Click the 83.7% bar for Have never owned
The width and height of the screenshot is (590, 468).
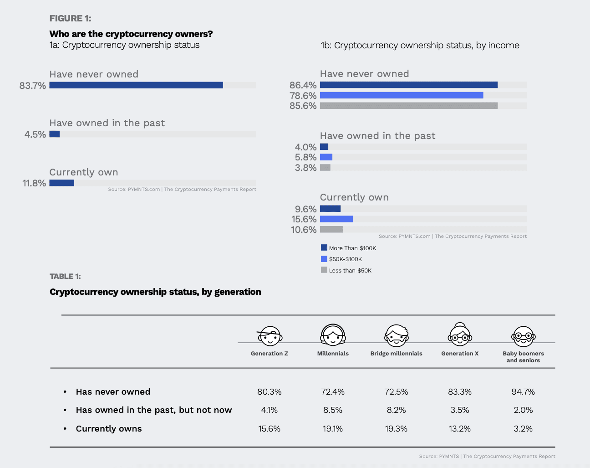136,85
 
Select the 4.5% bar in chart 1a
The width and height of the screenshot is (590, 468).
55,134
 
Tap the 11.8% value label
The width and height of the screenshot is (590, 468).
34,183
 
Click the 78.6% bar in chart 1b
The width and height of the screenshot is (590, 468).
402,95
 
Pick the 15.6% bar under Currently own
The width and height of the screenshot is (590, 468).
336,219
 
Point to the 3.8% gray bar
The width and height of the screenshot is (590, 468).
325,168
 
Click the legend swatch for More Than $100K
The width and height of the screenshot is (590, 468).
324,248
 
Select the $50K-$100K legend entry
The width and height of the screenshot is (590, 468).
346,259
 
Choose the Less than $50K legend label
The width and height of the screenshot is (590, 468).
350,271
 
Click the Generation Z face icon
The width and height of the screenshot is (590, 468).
270,336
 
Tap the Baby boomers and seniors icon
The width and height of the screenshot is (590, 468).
523,337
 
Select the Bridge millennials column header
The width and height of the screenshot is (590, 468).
396,354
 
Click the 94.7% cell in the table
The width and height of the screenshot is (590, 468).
523,392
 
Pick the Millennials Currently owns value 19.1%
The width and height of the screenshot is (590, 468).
333,429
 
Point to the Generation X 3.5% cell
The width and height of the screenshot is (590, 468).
460,410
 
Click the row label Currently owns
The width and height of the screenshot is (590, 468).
109,429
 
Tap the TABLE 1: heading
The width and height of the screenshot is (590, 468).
65,277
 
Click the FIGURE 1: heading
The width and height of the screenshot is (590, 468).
70,18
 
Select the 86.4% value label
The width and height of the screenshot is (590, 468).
303,85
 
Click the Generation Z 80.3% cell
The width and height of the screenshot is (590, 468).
270,392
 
